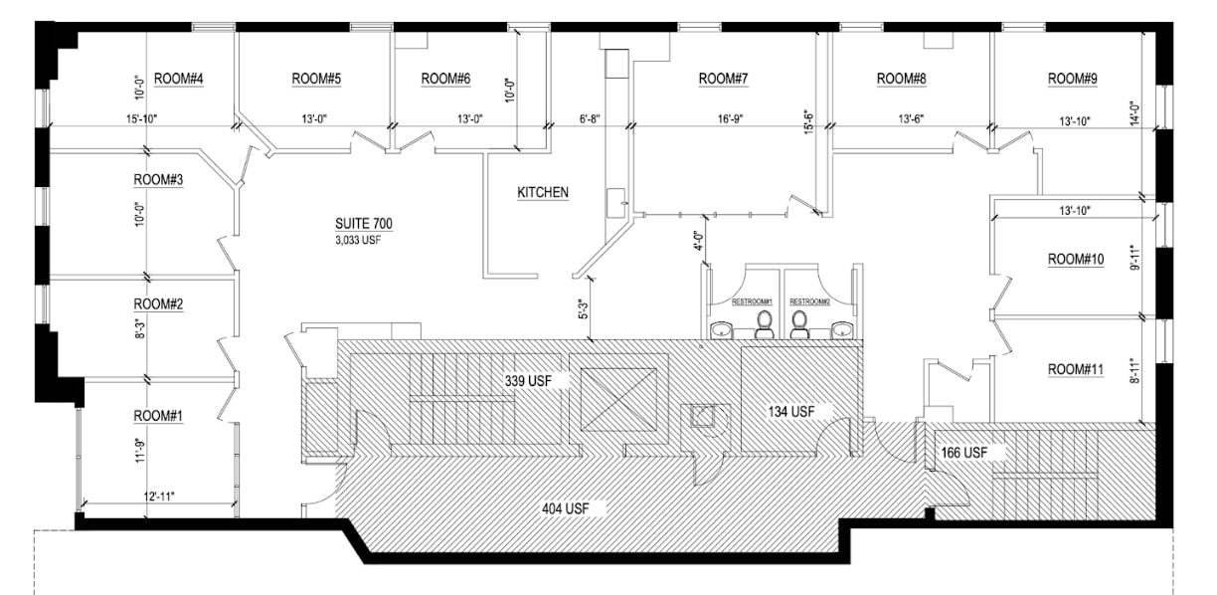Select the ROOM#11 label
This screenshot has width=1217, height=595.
coord(1077,370)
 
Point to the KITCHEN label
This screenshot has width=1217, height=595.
coord(542,192)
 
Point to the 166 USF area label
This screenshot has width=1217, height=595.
coord(962,453)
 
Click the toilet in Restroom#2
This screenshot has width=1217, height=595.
coord(799,324)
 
